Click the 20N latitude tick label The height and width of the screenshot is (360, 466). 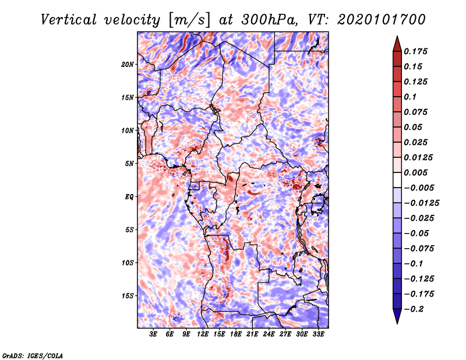[128, 65]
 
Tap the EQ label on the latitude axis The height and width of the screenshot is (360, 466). [129, 197]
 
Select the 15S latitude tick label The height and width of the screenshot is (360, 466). [128, 296]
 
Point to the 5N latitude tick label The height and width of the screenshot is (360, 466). [129, 164]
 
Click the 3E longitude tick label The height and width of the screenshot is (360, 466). [153, 334]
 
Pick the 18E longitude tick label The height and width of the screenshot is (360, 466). [236, 334]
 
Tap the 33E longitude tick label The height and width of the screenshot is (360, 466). [318, 334]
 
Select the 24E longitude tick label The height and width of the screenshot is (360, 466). [269, 334]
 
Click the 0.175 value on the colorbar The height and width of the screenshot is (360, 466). [415, 51]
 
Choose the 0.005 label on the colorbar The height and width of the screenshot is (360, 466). [415, 172]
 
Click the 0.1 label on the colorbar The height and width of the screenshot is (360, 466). [410, 97]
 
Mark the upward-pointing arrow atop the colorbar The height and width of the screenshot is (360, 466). [397, 44]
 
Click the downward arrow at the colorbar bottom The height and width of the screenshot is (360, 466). [397, 316]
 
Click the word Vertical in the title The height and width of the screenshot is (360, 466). [69, 20]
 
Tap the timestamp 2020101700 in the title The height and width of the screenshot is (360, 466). [382, 20]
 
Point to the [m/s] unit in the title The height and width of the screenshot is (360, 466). [189, 20]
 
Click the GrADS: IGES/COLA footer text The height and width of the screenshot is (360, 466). [33, 356]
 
